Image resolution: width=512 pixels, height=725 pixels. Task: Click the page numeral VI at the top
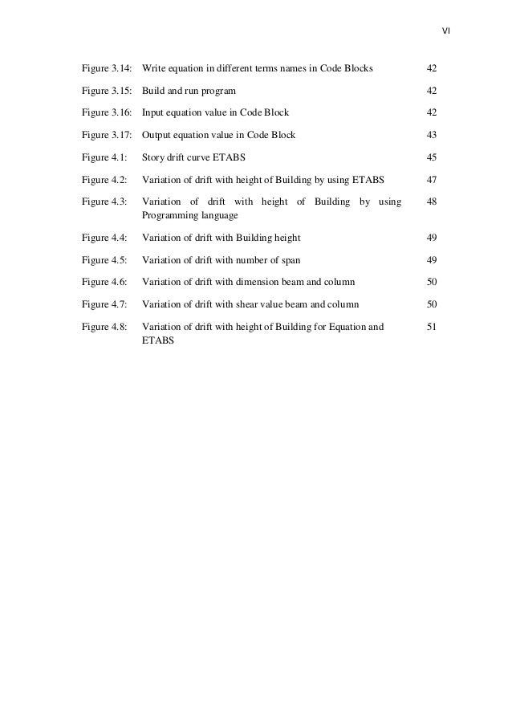click(446, 32)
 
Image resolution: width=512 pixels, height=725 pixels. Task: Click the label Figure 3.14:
click(108, 69)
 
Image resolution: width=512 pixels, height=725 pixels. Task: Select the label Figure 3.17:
click(108, 135)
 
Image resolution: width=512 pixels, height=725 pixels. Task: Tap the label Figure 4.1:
click(104, 157)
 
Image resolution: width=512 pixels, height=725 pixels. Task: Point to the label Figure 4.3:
click(104, 202)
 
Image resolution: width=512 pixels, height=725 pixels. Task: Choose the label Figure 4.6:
click(104, 282)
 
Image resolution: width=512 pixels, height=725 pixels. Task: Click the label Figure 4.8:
click(104, 327)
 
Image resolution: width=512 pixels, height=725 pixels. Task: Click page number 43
click(431, 135)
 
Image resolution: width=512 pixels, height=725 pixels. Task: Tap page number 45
click(431, 157)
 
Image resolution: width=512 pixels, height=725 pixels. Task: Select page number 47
click(431, 180)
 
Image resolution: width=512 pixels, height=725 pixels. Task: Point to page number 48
click(431, 202)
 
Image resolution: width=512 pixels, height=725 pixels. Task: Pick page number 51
click(431, 327)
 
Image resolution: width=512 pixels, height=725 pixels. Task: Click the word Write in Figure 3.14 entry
click(153, 69)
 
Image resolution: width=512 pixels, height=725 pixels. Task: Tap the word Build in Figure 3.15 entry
click(152, 92)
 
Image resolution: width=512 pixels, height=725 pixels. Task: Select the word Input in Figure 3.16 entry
click(152, 113)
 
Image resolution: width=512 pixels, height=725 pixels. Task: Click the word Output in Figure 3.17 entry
click(156, 135)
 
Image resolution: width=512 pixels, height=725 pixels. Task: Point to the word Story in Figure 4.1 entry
click(152, 157)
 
